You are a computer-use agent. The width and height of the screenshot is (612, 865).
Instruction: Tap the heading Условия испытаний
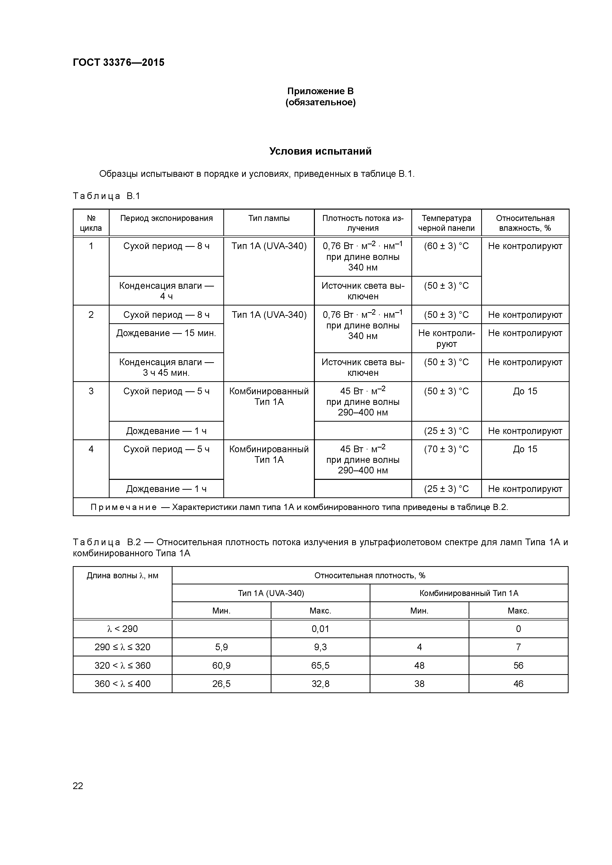point(320,151)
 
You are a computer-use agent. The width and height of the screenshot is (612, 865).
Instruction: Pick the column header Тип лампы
point(268,218)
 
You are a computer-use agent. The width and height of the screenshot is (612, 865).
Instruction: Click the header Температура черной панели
point(446,223)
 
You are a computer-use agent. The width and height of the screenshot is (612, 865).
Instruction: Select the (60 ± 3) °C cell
point(446,246)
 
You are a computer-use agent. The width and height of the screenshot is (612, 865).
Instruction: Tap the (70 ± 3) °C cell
point(446,449)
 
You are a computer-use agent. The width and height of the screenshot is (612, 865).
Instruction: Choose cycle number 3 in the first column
point(91,391)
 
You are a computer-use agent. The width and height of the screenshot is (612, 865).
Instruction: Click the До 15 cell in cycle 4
point(525,449)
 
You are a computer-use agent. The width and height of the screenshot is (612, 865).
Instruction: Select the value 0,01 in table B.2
point(320,629)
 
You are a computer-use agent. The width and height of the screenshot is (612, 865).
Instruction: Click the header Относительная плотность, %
point(369,575)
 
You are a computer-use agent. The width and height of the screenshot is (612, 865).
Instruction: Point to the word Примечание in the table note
point(123,507)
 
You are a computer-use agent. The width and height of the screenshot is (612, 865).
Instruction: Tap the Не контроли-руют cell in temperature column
point(446,338)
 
